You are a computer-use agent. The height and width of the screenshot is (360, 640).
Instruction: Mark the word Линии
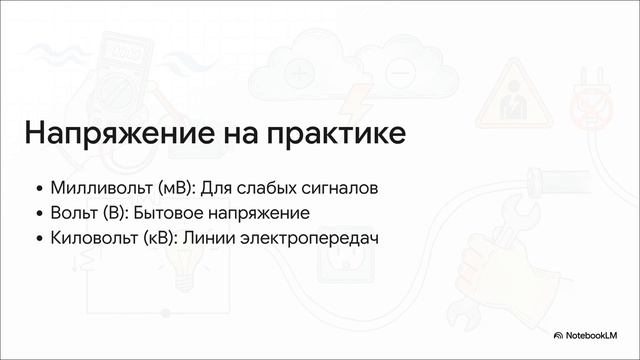(223, 239)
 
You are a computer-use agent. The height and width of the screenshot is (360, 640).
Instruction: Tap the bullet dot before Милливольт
(39, 188)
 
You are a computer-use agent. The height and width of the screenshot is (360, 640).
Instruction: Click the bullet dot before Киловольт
(39, 240)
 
